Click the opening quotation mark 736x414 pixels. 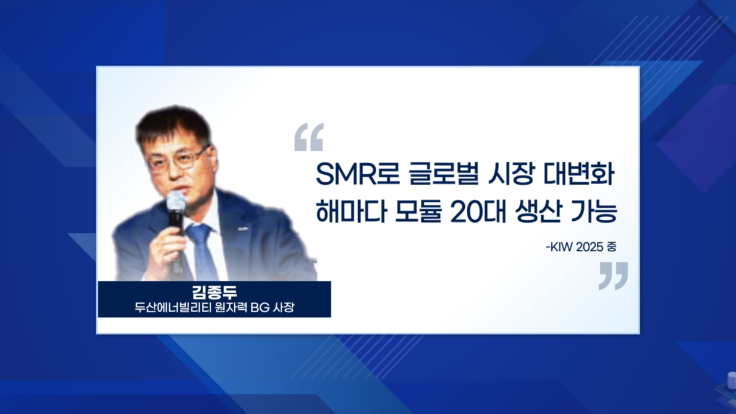pyautogui.click(x=309, y=137)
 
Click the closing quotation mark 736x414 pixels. pyautogui.click(x=613, y=275)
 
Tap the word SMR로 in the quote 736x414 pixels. pyautogui.click(x=358, y=174)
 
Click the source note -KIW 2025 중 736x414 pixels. pyautogui.click(x=581, y=247)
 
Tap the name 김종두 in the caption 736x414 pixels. pyautogui.click(x=214, y=292)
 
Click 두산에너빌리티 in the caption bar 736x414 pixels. pyautogui.click(x=172, y=308)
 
